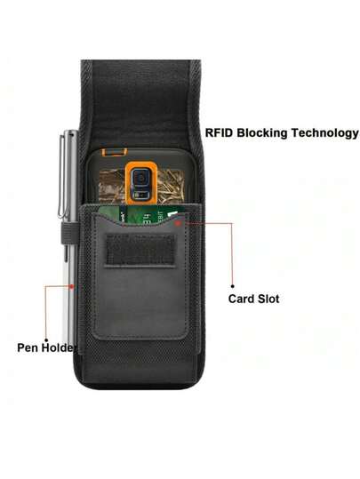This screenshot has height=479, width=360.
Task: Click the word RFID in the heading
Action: click(220, 132)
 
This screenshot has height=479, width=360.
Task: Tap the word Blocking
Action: click(262, 133)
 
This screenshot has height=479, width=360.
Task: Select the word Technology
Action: click(324, 133)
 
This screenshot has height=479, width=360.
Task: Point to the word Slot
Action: click(268, 299)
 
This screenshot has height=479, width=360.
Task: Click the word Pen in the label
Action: click(28, 347)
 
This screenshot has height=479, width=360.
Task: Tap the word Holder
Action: click(59, 347)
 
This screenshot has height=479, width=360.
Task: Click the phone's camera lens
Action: click(140, 178)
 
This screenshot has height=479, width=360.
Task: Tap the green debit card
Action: click(140, 214)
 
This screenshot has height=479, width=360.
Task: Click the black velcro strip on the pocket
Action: click(140, 251)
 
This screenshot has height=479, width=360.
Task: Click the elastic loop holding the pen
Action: click(68, 233)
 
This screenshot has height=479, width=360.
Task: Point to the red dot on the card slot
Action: click(179, 224)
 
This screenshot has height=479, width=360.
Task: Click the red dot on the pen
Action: click(71, 286)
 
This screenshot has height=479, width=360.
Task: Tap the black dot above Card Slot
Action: click(233, 286)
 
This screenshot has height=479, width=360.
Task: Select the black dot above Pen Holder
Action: click(46, 340)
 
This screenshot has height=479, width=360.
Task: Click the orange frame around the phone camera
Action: click(141, 183)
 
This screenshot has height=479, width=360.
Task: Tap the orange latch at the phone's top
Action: click(115, 152)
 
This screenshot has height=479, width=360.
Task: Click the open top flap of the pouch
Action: click(140, 104)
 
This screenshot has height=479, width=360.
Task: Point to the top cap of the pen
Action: click(71, 133)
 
